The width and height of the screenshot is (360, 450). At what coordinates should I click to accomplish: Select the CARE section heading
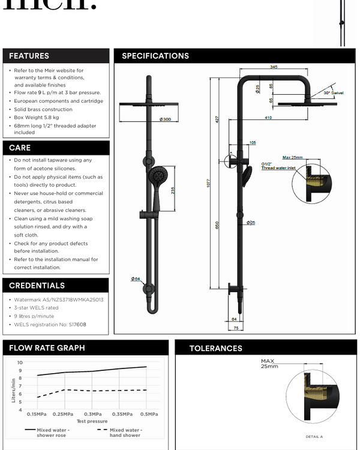click(20, 148)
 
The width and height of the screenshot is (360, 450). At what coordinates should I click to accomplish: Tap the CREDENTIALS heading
click(37, 286)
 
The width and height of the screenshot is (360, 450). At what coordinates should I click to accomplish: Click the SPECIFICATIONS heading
click(155, 56)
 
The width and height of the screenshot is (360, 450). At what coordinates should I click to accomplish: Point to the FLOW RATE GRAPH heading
click(47, 348)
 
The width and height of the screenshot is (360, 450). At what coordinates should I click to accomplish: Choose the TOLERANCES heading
click(215, 348)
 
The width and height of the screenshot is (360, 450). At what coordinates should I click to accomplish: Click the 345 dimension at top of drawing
click(274, 67)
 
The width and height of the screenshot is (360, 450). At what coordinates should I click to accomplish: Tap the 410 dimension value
click(268, 118)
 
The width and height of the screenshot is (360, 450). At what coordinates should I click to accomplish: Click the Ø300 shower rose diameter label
click(166, 120)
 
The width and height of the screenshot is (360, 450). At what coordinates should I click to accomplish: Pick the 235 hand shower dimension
click(173, 190)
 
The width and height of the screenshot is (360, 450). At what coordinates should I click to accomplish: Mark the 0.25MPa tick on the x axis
click(63, 414)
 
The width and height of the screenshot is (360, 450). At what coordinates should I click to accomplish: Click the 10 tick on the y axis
click(20, 362)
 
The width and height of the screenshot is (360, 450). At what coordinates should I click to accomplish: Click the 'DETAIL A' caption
click(314, 437)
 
